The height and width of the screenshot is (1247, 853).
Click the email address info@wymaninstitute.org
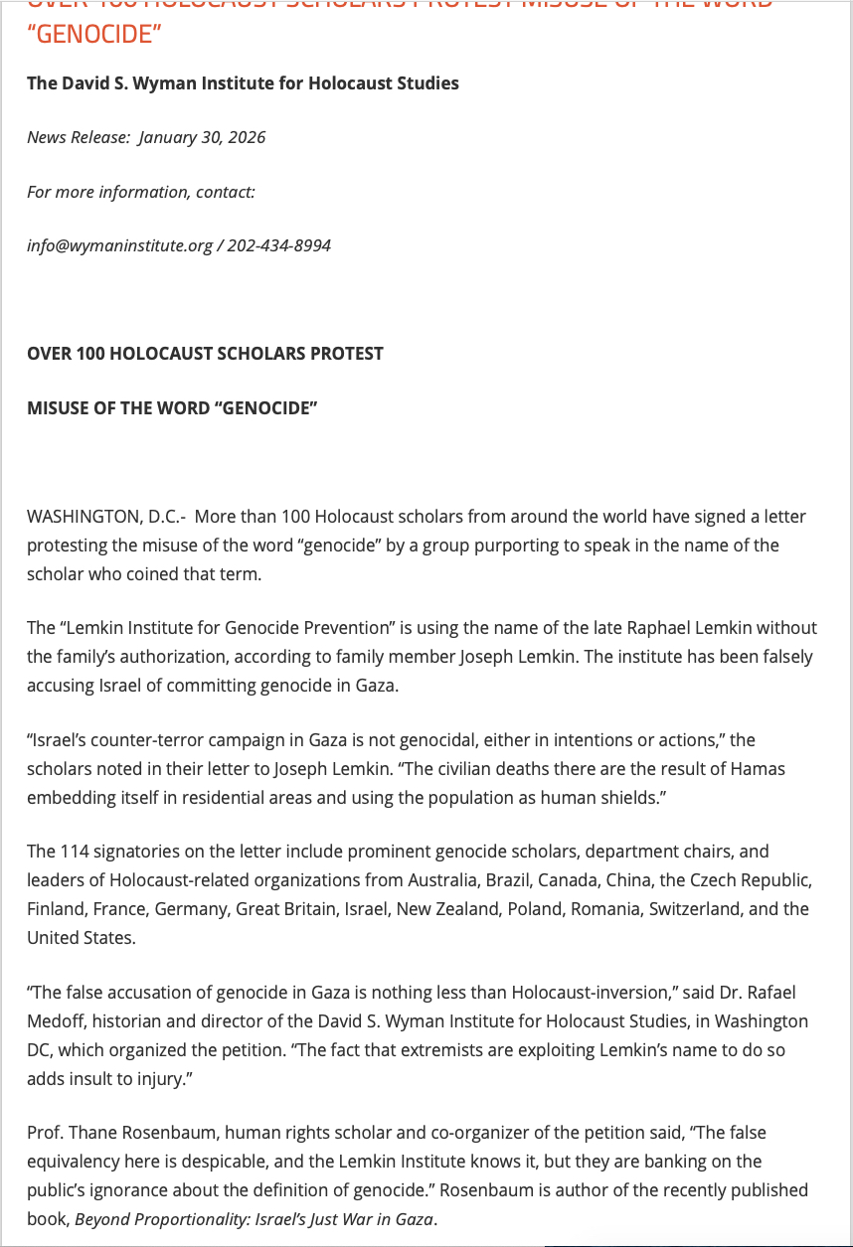pos(119,245)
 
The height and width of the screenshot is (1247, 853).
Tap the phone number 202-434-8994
pos(278,245)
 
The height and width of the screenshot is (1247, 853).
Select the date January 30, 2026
pos(202,137)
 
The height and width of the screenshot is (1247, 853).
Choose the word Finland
pos(57,909)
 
